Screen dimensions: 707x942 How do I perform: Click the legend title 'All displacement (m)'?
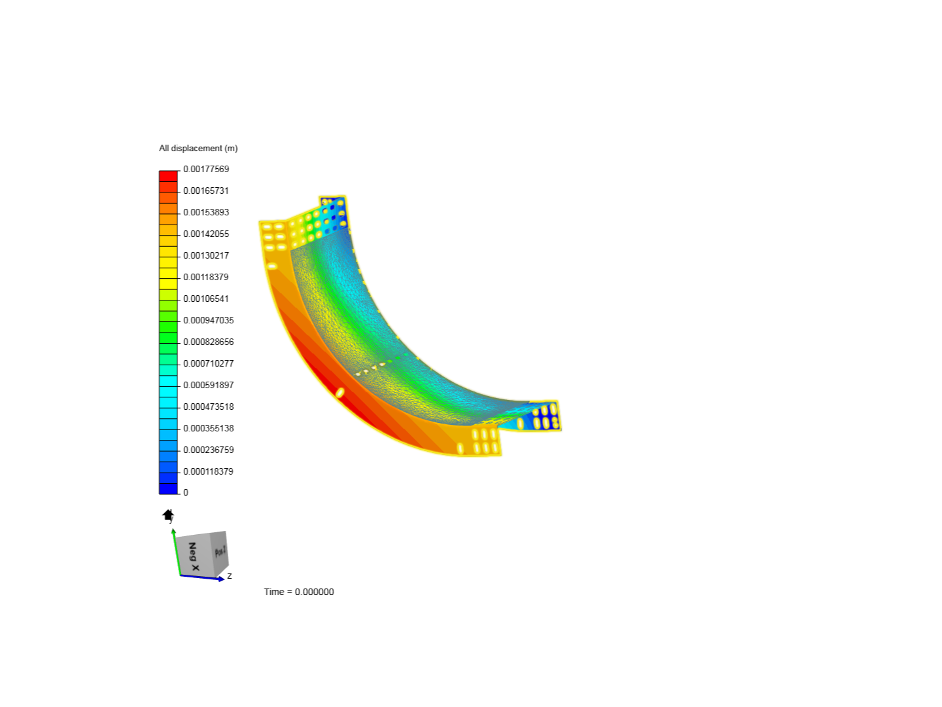pos(198,149)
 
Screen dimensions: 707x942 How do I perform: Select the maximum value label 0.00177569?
pos(206,169)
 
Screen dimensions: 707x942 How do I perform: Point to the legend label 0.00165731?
pos(206,190)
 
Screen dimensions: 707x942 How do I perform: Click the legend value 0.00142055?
pos(206,234)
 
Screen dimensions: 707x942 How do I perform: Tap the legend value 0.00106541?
pos(206,299)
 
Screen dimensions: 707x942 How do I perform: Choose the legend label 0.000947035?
pos(208,320)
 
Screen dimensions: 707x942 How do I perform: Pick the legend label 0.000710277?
pos(208,363)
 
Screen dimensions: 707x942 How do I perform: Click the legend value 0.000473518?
pos(208,407)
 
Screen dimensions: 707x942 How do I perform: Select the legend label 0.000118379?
pos(208,471)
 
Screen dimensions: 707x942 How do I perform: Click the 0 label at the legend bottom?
pos(186,492)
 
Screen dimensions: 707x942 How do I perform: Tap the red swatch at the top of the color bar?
pos(168,176)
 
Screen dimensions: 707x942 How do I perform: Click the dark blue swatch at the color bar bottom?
pos(168,488)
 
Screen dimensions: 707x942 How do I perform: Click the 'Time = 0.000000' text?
pos(299,592)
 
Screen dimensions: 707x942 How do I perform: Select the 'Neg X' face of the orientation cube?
pos(194,556)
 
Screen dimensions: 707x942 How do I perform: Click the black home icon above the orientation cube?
pos(168,515)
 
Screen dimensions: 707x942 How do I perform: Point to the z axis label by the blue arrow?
pos(230,576)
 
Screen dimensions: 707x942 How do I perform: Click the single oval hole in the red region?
pos(340,392)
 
